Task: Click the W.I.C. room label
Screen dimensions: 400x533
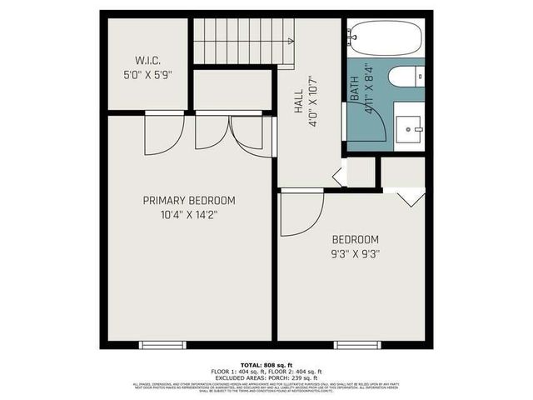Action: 147,59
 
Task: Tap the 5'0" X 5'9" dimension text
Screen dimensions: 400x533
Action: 147,73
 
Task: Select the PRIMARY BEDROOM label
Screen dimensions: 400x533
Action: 188,201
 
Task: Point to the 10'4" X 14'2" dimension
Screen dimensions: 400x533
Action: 188,214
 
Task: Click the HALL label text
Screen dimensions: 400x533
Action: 298,102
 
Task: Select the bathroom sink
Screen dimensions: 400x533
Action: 408,127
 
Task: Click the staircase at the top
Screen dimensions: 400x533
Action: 244,41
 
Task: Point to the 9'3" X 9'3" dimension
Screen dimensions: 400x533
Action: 355,253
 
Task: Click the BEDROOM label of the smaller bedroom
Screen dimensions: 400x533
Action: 355,238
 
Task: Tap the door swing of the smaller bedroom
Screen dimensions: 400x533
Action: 299,212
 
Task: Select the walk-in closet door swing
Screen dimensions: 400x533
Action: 163,133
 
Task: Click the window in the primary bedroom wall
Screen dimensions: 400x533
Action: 162,344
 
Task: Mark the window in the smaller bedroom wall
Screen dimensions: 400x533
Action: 356,344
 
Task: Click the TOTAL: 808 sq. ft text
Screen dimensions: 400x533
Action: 266,364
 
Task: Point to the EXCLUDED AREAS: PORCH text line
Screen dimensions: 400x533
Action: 266,377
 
